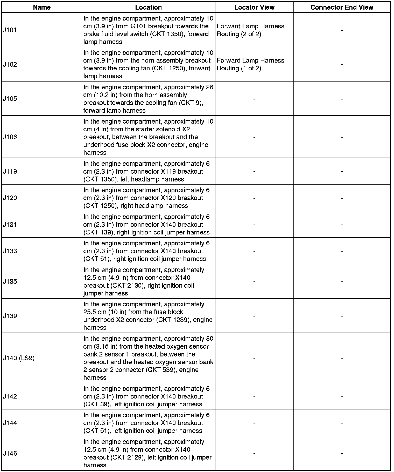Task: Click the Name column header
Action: coord(42,7)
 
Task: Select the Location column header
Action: coord(148,7)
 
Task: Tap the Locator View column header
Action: coord(254,7)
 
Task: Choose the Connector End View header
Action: coord(342,7)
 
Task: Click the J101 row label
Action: coord(10,30)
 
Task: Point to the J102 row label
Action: coord(10,64)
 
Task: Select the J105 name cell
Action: coord(10,99)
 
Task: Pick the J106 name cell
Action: coord(10,137)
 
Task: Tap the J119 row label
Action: coord(10,171)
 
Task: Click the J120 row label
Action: coord(10,198)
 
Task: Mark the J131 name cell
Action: coord(10,224)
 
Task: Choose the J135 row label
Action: coord(10,281)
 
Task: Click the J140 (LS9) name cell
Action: coord(19,358)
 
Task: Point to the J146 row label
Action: coord(10,453)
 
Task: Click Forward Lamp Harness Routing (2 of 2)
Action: coord(250,30)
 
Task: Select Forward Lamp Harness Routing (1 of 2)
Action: coord(250,64)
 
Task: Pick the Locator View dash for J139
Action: coord(254,316)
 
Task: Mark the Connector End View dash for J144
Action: coord(342,423)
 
